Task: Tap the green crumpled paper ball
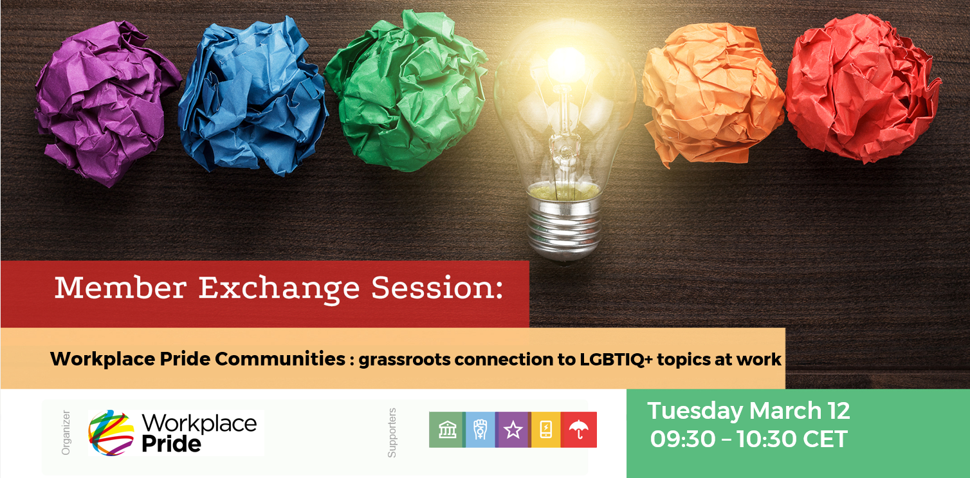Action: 405,90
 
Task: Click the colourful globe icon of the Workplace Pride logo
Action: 111,432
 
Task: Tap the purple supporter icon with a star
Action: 513,430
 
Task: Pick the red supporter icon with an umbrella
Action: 580,430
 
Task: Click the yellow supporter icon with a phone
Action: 546,430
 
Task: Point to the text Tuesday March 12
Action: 749,410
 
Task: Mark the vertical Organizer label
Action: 65,432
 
